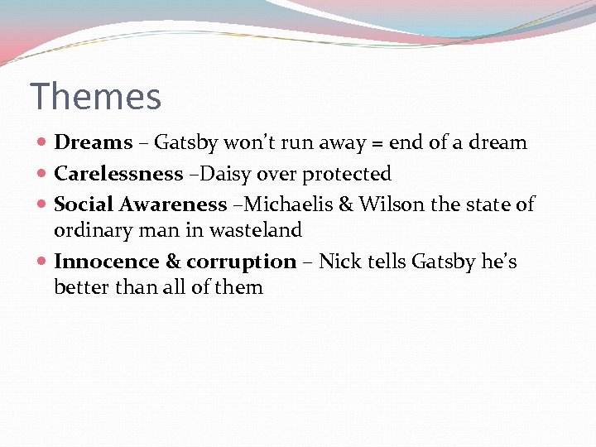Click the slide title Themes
[95, 97]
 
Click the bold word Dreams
[93, 142]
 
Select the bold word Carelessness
[118, 174]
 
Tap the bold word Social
[84, 204]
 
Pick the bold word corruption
[241, 262]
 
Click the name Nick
[339, 262]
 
